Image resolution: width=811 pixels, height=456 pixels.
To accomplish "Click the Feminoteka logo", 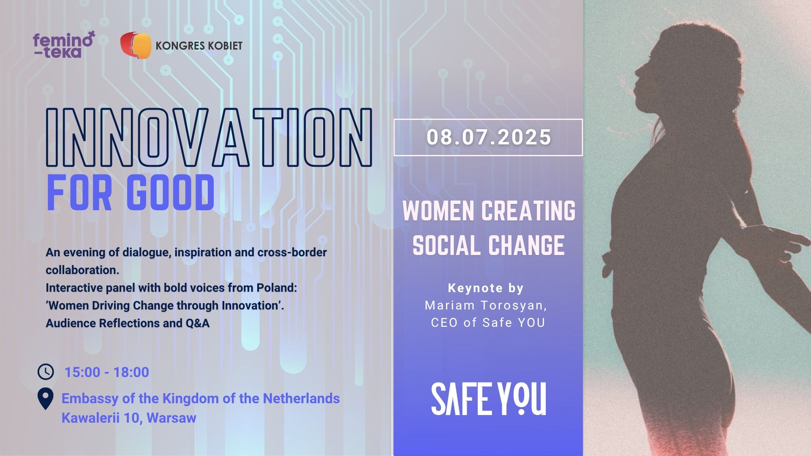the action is tap(64, 45).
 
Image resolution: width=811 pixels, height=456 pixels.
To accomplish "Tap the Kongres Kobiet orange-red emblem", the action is tap(136, 46).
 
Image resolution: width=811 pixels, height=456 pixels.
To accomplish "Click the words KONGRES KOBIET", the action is tap(199, 46).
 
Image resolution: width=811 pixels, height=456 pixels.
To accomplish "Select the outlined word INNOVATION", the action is tap(209, 136).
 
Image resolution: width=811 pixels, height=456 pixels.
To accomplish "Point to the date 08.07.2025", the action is tap(489, 138).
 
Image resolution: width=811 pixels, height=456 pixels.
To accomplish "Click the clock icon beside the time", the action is tap(46, 372).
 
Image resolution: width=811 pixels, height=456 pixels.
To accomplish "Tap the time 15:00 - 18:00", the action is tap(106, 372).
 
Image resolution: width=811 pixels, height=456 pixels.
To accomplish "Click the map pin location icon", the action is tap(46, 399).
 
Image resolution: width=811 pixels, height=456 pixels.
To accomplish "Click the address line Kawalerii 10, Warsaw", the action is tap(129, 418).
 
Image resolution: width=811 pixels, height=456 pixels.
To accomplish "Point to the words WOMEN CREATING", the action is tap(489, 211).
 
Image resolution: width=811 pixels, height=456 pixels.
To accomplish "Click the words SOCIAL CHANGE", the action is tap(489, 245).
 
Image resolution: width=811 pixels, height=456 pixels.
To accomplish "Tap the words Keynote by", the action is tap(486, 288).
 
